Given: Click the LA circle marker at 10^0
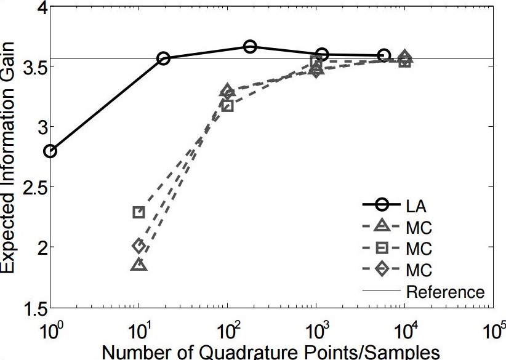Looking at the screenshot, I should point(50,151).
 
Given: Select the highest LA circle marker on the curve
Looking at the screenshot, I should point(250,47).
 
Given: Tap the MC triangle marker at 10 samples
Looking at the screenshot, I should point(139,265).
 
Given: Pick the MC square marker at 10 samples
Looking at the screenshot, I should point(139,212).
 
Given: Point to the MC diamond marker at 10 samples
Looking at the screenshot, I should point(139,246).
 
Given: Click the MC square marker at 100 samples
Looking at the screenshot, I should point(228,106).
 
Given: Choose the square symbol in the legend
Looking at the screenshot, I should point(381,249).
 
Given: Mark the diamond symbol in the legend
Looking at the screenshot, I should point(381,270).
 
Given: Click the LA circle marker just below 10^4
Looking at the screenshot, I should point(384,56).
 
